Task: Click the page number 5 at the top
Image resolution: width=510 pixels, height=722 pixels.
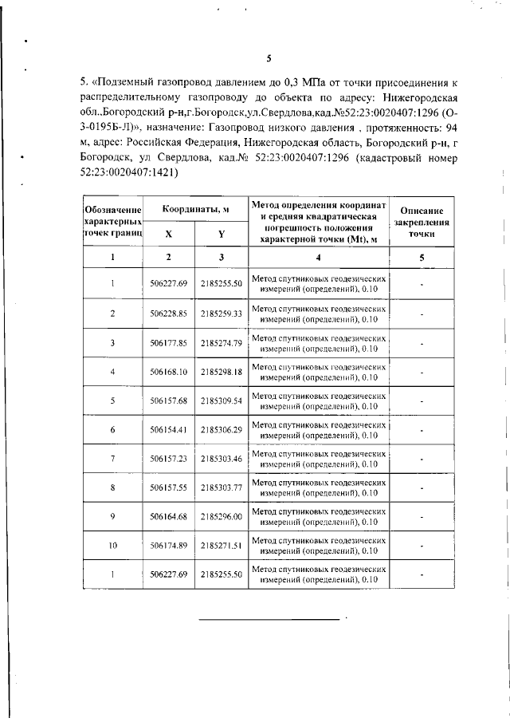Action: [x=269, y=57]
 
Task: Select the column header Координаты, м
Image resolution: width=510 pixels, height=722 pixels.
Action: [x=196, y=209]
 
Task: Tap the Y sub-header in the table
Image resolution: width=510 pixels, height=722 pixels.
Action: [x=222, y=235]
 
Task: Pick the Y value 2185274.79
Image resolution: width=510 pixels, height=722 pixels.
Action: [x=222, y=343]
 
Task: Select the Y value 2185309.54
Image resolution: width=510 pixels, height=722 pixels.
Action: [x=222, y=400]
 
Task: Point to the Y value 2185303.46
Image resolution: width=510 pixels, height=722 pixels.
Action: [x=222, y=459]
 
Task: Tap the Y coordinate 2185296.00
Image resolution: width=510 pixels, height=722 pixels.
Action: [x=222, y=516]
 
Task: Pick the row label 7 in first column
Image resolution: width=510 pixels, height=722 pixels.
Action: [x=113, y=459]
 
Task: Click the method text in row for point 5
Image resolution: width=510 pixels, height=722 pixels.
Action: [x=319, y=400]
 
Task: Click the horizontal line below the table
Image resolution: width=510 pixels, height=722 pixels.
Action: [x=268, y=618]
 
